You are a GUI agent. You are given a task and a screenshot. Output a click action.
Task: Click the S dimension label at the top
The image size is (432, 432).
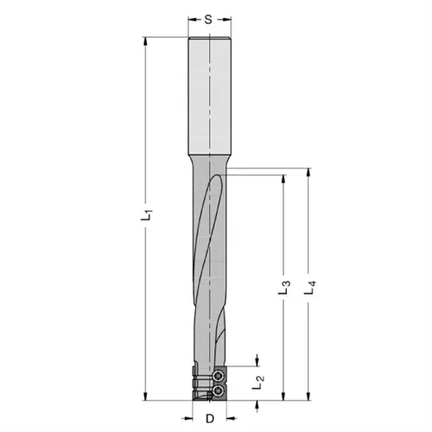click(209, 17)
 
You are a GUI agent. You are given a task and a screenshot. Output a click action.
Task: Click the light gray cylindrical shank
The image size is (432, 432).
click(209, 95)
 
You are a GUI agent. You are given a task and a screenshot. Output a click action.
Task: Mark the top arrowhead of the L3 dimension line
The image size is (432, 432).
click(285, 179)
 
